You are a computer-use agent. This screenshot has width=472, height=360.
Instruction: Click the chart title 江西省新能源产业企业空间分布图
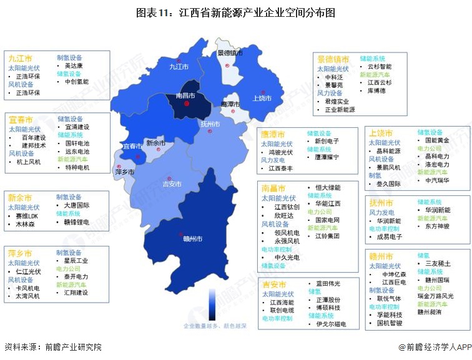[236, 12]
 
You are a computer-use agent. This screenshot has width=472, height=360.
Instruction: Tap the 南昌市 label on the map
[185, 96]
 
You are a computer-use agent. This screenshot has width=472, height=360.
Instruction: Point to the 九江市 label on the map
[179, 66]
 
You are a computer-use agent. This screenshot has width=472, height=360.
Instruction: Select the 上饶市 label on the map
[262, 99]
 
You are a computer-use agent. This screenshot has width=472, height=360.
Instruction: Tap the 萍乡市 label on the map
[125, 171]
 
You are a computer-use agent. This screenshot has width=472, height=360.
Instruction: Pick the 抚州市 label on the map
[210, 124]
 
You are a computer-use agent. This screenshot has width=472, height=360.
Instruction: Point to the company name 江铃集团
[327, 236]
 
